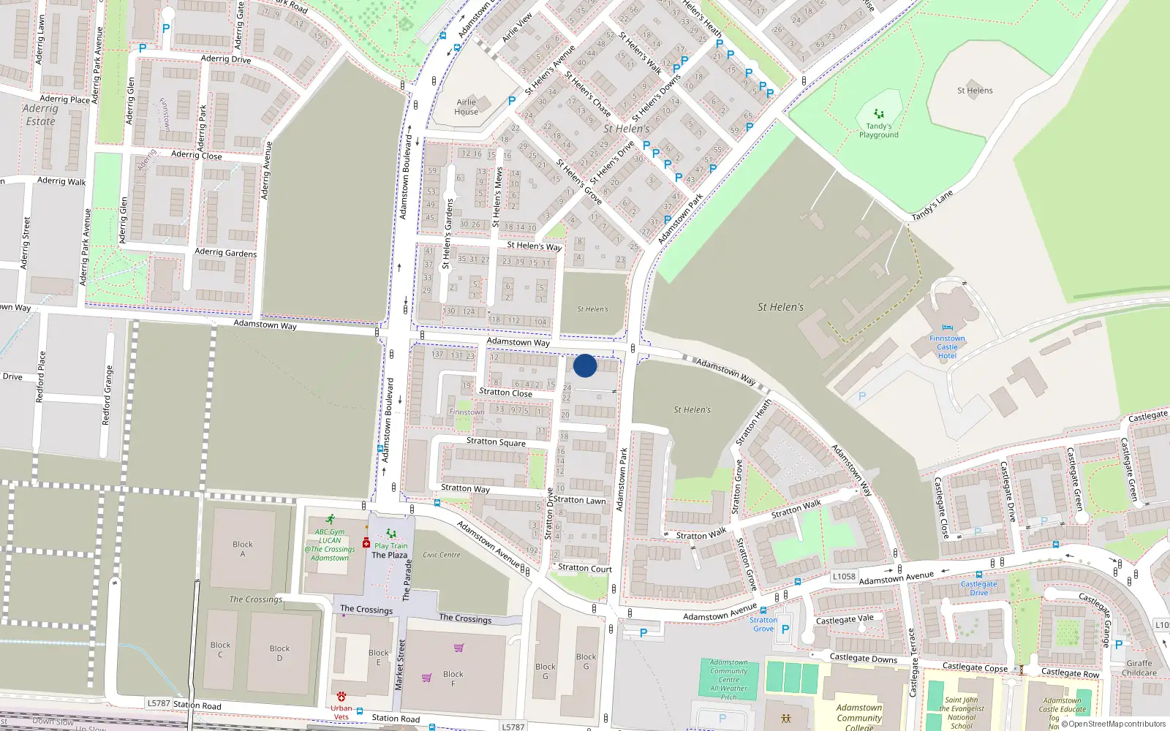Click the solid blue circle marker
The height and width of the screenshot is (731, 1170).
coord(585,365)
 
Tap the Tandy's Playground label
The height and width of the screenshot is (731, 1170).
coord(879,131)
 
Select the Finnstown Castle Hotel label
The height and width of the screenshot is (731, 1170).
coord(947,347)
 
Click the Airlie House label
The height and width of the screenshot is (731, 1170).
coord(466,107)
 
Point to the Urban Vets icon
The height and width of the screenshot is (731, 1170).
coord(341,697)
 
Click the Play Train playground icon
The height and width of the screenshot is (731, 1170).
coord(391,534)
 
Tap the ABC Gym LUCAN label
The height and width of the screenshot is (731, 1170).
coord(330,537)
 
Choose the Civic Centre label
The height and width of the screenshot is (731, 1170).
coord(442,555)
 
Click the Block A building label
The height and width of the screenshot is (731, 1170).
coord(243,549)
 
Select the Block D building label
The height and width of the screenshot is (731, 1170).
coord(279,653)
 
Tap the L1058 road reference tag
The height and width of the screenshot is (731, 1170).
coord(844,576)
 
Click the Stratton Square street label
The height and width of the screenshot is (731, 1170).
coord(496,442)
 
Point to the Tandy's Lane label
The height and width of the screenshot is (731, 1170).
coord(932,205)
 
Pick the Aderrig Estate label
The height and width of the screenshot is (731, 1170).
coord(40,115)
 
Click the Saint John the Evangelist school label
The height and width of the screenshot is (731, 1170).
coord(962,712)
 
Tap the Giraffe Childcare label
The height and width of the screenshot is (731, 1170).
coord(1139,668)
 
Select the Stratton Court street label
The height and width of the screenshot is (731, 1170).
coord(585,568)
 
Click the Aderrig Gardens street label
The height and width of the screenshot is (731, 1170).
coord(226,252)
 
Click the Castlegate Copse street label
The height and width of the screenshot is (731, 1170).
coord(975,667)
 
